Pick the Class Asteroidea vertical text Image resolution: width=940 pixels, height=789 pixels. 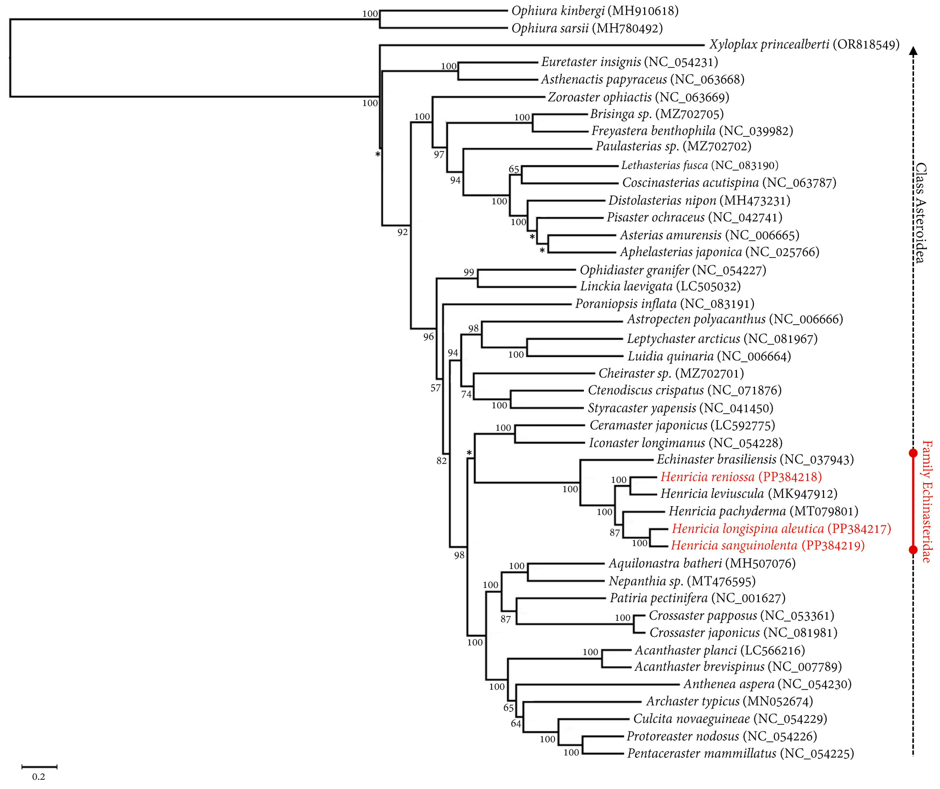coord(921,213)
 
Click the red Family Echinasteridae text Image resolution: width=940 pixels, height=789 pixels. coord(927,501)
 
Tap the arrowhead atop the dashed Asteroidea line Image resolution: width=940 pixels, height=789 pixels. coord(913,51)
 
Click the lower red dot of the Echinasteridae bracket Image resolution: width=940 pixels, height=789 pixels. coord(913,550)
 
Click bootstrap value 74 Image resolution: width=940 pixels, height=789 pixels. coord(466,394)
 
